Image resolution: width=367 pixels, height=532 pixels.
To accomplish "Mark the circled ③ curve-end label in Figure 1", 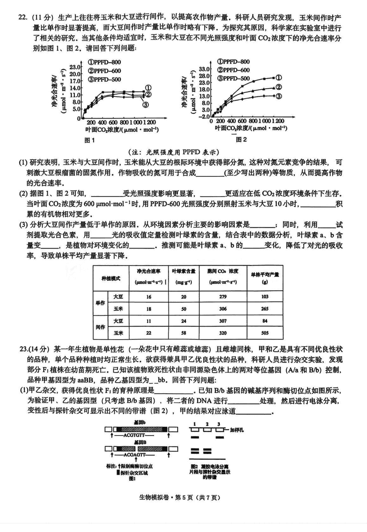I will [x=146, y=105].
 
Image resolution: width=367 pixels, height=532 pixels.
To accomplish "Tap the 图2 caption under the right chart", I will [x=241, y=139].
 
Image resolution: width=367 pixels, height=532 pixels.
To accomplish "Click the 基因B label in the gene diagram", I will [x=140, y=441].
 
